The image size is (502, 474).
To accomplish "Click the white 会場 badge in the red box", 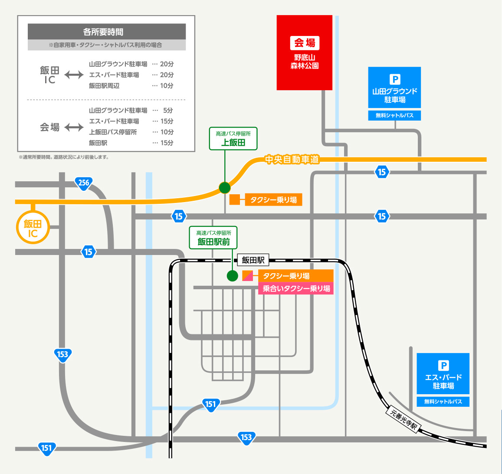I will click(305, 43).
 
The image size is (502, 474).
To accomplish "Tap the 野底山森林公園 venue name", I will click(305, 62).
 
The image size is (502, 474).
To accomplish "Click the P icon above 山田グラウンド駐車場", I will click(394, 79).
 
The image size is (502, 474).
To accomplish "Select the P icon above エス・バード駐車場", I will click(443, 366).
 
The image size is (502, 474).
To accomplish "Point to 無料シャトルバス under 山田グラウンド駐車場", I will click(394, 115).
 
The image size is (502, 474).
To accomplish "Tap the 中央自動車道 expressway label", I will click(292, 160).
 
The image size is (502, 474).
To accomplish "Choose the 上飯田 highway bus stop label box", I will click(233, 139).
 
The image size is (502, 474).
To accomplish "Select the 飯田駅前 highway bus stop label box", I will click(213, 238).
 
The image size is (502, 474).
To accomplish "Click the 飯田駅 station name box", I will click(253, 260).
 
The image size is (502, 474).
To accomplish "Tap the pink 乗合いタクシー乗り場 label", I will click(296, 288).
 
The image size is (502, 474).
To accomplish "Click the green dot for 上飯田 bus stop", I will click(224, 188).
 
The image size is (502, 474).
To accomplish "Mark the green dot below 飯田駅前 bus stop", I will click(233, 276).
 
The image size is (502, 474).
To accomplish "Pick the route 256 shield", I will click(83, 183).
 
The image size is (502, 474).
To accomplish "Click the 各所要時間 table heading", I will click(107, 32).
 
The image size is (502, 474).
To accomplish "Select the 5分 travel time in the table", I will click(168, 110).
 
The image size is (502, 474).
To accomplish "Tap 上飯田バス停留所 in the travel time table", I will click(113, 132).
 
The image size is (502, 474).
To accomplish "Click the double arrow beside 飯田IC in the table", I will click(74, 75).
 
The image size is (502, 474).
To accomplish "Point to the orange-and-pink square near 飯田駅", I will click(247, 275).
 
